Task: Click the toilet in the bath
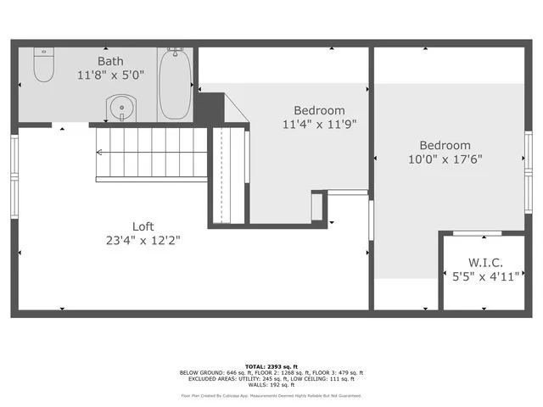[43, 65]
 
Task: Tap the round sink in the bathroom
[120, 109]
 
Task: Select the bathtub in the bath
[176, 85]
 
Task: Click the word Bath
[110, 61]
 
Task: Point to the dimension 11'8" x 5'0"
[110, 75]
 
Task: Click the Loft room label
[143, 226]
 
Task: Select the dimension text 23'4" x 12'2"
[143, 240]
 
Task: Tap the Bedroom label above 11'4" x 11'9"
[319, 110]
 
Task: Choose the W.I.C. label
[481, 261]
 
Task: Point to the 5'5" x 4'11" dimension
[481, 275]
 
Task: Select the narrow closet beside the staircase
[227, 175]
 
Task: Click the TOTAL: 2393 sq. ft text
[271, 365]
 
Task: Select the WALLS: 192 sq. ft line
[271, 385]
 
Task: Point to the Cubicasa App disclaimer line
[271, 395]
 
